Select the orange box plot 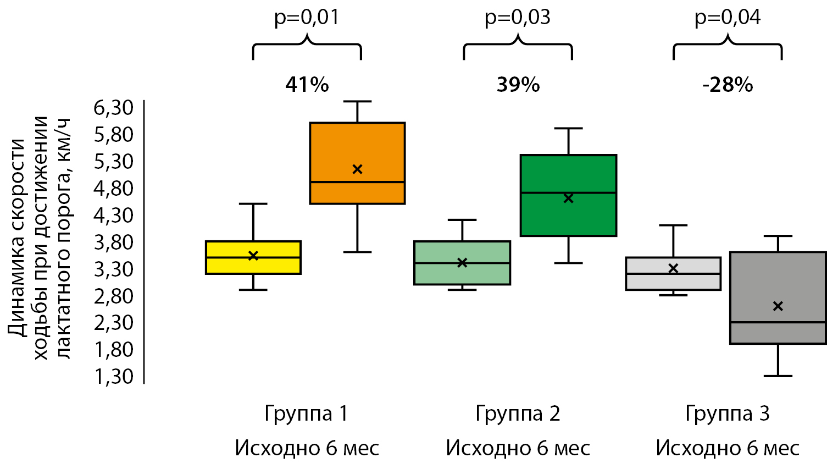[357, 163]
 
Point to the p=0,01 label [307, 18]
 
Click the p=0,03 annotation [517, 18]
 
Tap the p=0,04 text [728, 18]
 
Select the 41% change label [307, 85]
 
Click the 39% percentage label [518, 85]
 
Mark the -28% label [728, 85]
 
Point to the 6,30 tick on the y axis [114, 108]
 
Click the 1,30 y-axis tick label [114, 377]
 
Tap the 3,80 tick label [114, 242]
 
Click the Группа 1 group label [306, 414]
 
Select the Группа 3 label [728, 414]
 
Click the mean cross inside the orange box [357, 169]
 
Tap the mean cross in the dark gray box [778, 306]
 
